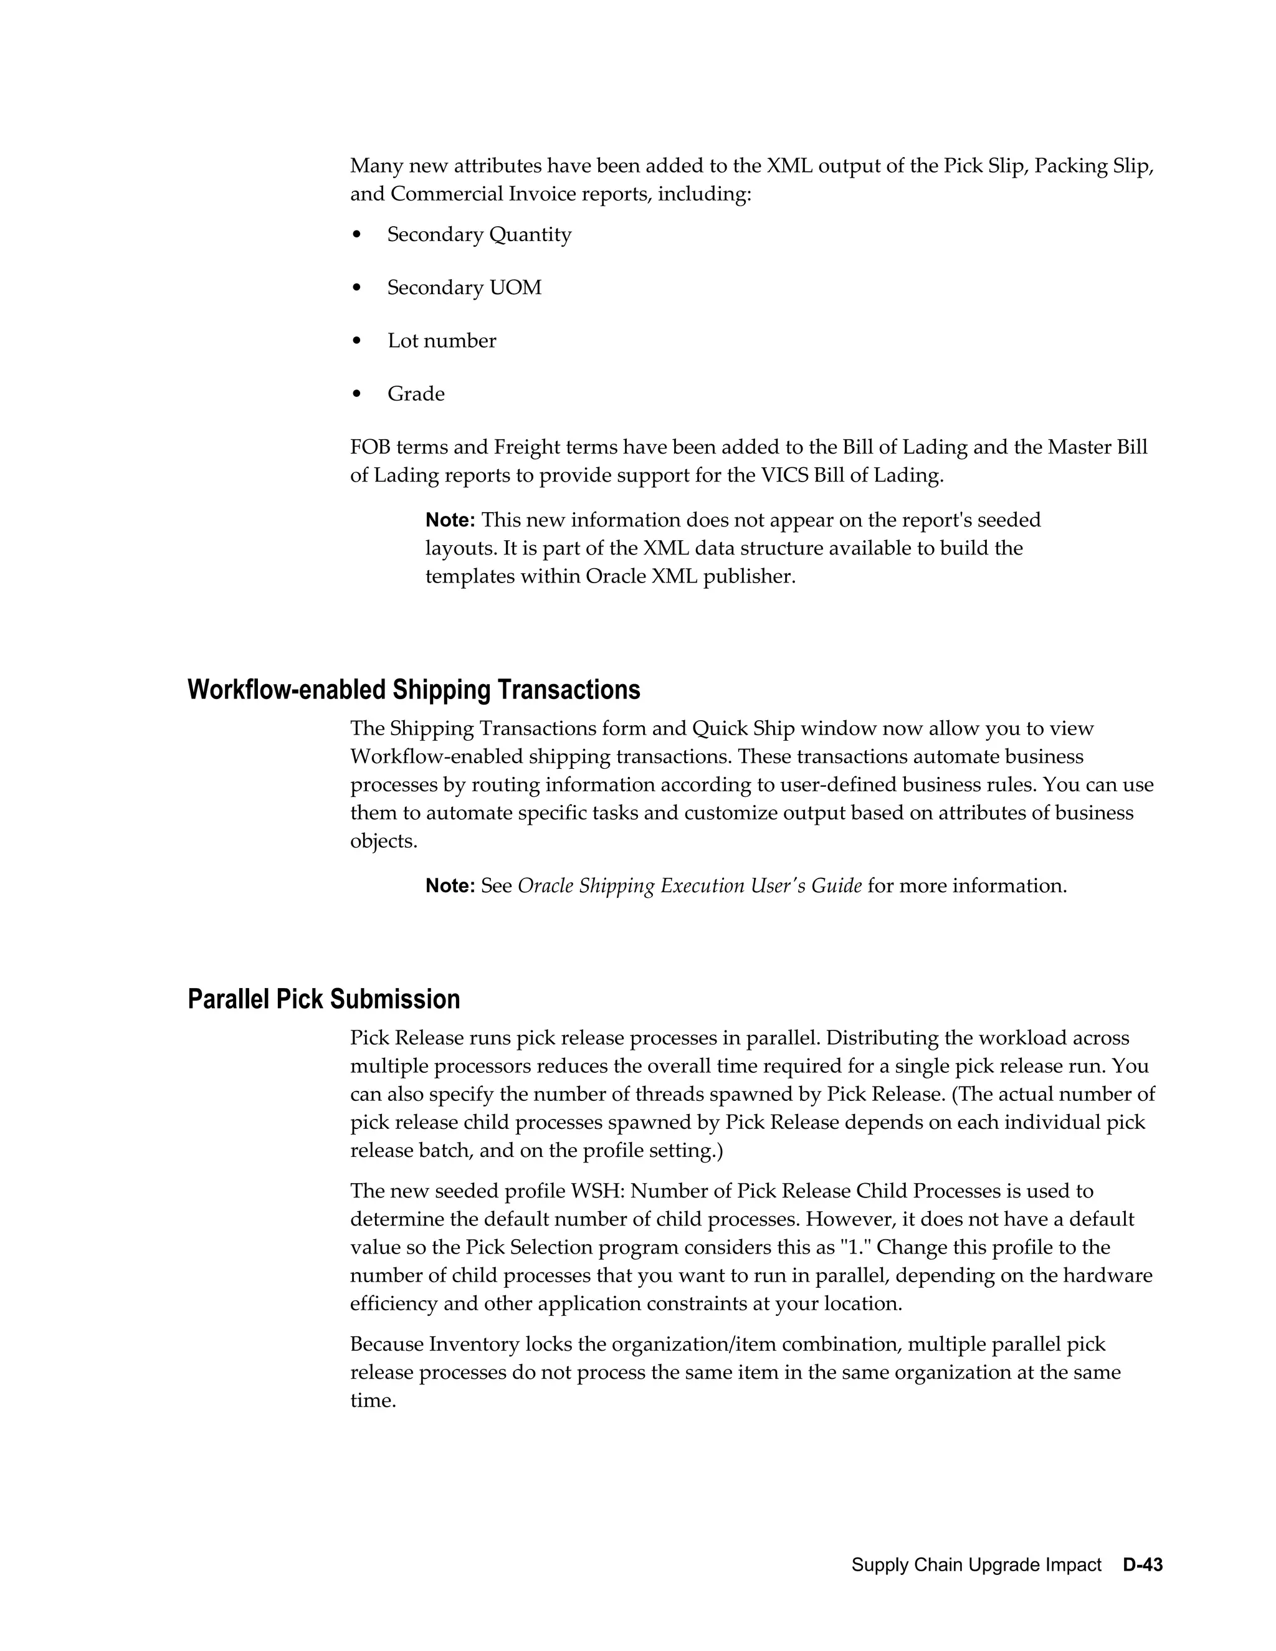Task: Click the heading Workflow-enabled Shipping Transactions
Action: (x=414, y=690)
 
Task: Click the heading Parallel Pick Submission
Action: (x=323, y=999)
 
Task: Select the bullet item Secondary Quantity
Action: (x=479, y=234)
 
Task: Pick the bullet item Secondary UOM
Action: (x=464, y=287)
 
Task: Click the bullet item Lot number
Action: (x=442, y=340)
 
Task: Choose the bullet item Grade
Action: (x=416, y=393)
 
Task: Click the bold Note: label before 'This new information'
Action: (x=450, y=520)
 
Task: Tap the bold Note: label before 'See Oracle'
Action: (x=450, y=885)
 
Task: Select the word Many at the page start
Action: (x=376, y=166)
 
